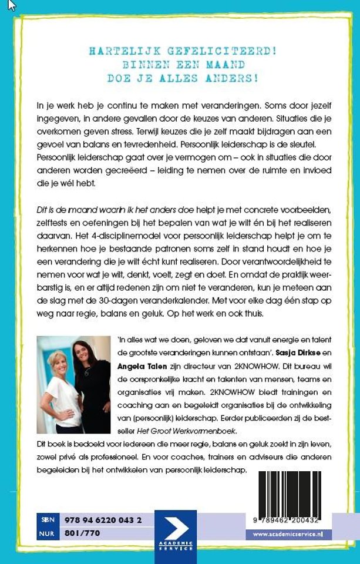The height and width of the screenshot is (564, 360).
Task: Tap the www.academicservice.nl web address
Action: (x=292, y=533)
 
